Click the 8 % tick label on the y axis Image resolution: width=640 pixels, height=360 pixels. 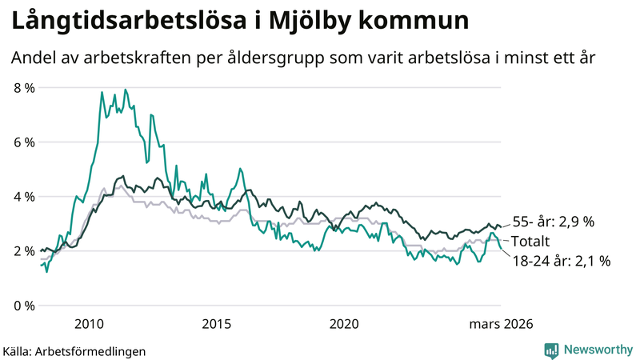click(x=23, y=87)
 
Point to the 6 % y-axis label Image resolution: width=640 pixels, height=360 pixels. click(x=23, y=142)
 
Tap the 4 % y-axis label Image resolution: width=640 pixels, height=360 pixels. click(x=23, y=196)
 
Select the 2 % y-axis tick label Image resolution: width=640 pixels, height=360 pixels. click(x=23, y=250)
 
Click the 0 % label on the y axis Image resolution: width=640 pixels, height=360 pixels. click(x=23, y=305)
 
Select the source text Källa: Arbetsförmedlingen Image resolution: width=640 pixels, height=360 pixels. click(x=74, y=350)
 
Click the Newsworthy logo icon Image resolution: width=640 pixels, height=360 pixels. click(x=551, y=350)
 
